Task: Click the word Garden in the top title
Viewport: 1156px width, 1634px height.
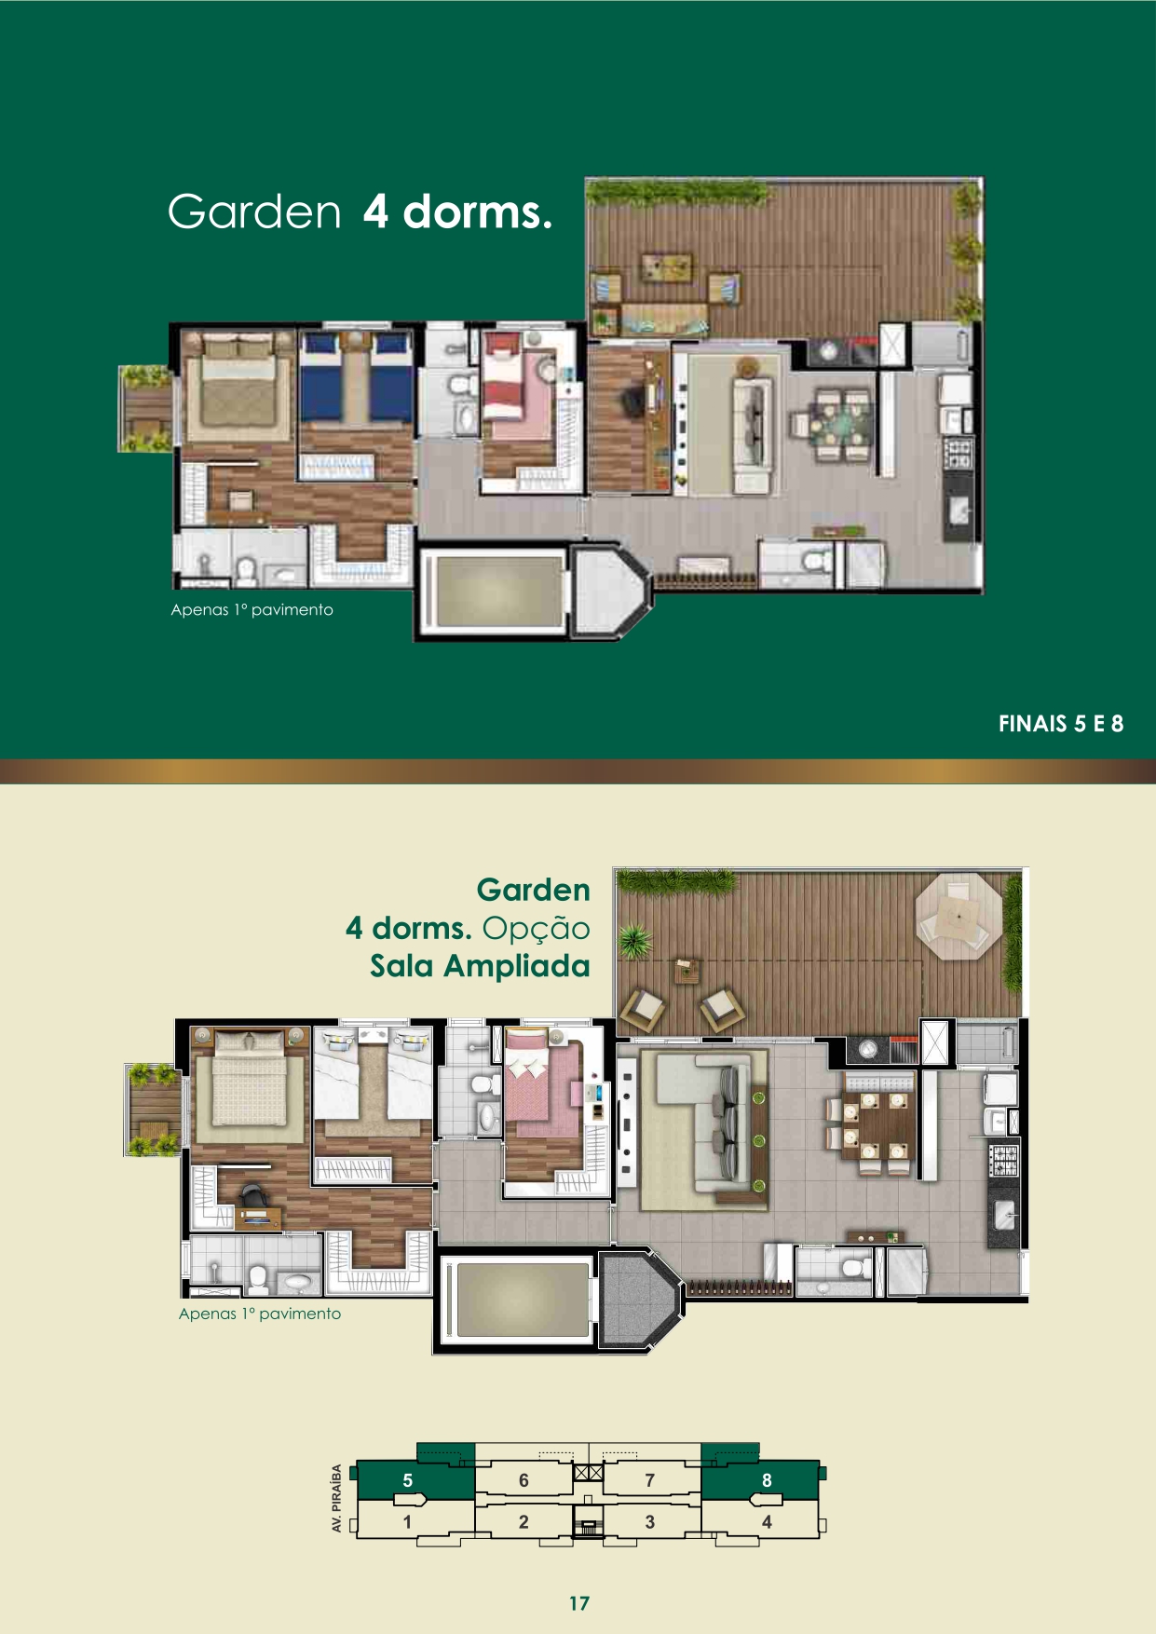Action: coord(254,211)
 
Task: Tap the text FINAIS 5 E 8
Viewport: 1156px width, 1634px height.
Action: coord(1061,724)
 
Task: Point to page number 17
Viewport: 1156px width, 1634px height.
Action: coord(579,1603)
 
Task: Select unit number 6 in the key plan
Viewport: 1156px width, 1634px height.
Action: coord(524,1480)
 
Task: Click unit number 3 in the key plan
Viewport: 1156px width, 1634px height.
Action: coord(649,1522)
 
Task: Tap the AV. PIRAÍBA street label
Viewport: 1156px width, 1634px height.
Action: coord(336,1499)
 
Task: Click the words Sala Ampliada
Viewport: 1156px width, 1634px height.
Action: coord(480,966)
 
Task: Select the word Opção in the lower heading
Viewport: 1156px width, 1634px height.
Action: coord(537,929)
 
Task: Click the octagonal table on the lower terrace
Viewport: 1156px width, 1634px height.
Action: coord(959,917)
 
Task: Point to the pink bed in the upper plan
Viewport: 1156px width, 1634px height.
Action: coord(506,384)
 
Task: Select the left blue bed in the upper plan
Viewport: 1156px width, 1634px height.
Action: coord(322,377)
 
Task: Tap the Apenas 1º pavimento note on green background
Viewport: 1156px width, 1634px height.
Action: coord(252,610)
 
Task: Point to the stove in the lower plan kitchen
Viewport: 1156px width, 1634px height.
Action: coord(1004,1159)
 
